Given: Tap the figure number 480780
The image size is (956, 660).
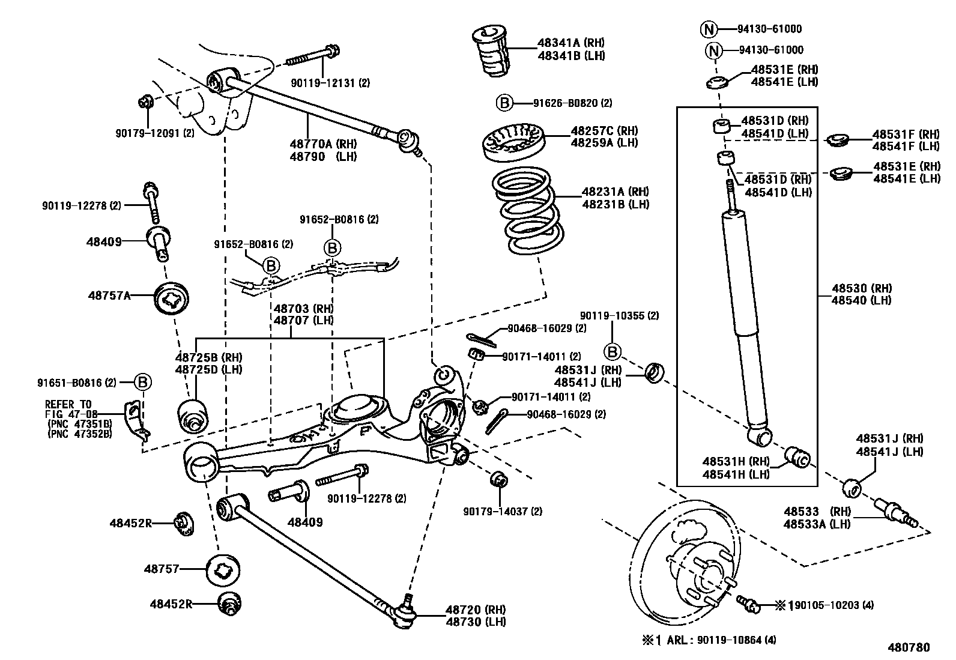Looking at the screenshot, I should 909,647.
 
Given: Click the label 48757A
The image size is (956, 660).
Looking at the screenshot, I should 109,295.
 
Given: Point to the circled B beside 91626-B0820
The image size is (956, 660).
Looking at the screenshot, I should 504,103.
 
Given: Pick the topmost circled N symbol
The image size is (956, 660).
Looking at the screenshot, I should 709,29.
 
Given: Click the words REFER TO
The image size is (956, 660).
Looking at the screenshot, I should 68,404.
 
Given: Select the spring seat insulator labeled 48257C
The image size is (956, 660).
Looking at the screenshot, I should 513,143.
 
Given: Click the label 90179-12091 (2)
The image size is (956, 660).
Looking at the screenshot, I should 154,133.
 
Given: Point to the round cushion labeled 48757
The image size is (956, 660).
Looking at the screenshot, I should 223,569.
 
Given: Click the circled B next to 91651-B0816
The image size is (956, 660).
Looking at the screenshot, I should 142,381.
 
